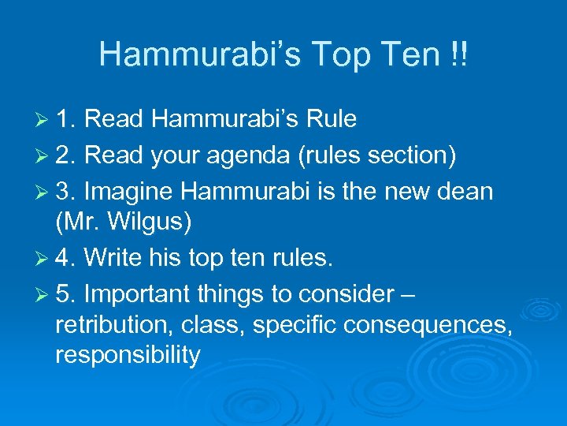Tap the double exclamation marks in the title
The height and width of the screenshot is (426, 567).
click(457, 54)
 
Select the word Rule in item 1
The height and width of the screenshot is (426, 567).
click(331, 119)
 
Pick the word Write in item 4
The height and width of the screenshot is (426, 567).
click(113, 259)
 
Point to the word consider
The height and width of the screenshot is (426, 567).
click(342, 295)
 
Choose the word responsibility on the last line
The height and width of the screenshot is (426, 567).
click(128, 355)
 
